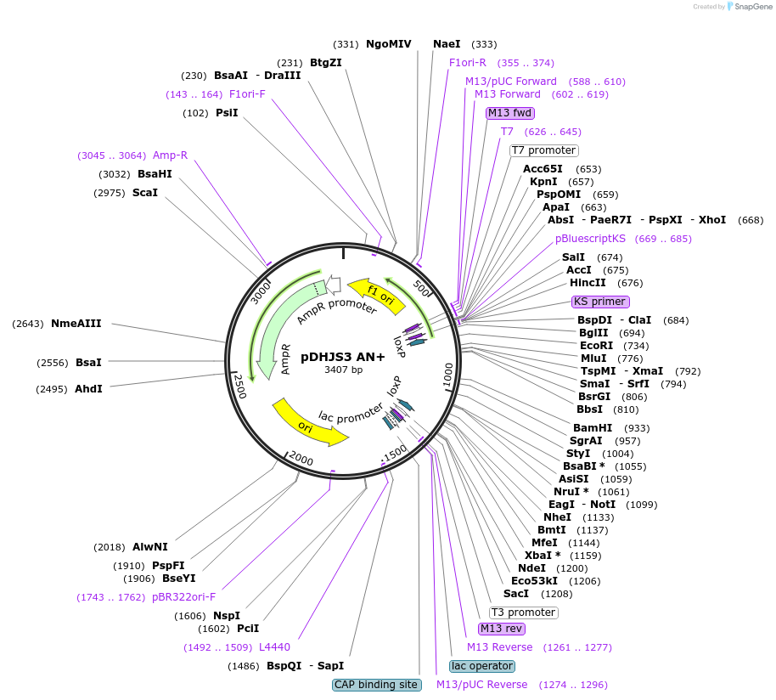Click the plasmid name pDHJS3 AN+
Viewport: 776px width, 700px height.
[343, 357]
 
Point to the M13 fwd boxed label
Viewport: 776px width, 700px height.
[509, 113]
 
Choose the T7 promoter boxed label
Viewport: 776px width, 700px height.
[543, 150]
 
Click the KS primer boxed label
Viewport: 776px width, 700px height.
[600, 302]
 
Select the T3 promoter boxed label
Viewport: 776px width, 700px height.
[523, 612]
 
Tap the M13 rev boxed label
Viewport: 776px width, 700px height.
[501, 629]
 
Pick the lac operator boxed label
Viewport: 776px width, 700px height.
[481, 666]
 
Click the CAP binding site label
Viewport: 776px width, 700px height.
[376, 685]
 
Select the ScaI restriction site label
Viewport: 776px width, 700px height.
[145, 193]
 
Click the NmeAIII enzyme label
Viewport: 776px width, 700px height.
[76, 324]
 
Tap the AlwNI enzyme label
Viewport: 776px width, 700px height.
[150, 547]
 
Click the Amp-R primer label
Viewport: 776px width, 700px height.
[170, 155]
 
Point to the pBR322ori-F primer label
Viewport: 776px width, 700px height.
[183, 597]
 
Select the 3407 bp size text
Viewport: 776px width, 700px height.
[343, 370]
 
